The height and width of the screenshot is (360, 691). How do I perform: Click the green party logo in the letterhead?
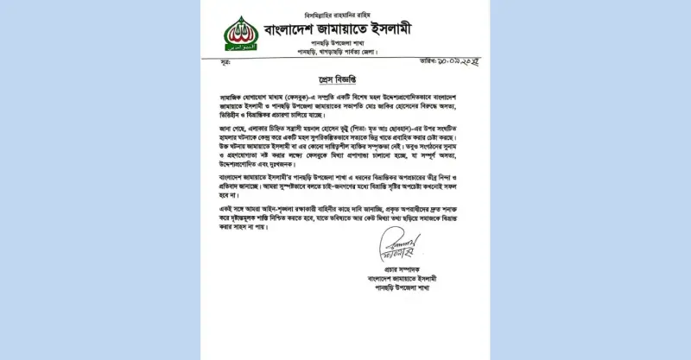coord(241,34)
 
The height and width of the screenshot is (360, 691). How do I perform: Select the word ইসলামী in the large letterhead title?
coord(389,29)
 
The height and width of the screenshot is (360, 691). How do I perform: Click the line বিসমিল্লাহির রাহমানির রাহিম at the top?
coord(336,15)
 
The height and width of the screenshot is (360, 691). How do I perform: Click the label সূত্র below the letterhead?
coord(225,64)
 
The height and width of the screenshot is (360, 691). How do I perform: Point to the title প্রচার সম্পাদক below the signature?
coord(398,270)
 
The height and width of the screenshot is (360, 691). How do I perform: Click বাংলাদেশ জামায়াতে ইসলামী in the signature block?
coord(398,279)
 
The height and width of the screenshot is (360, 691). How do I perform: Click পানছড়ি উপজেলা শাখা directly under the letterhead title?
coord(339,43)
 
